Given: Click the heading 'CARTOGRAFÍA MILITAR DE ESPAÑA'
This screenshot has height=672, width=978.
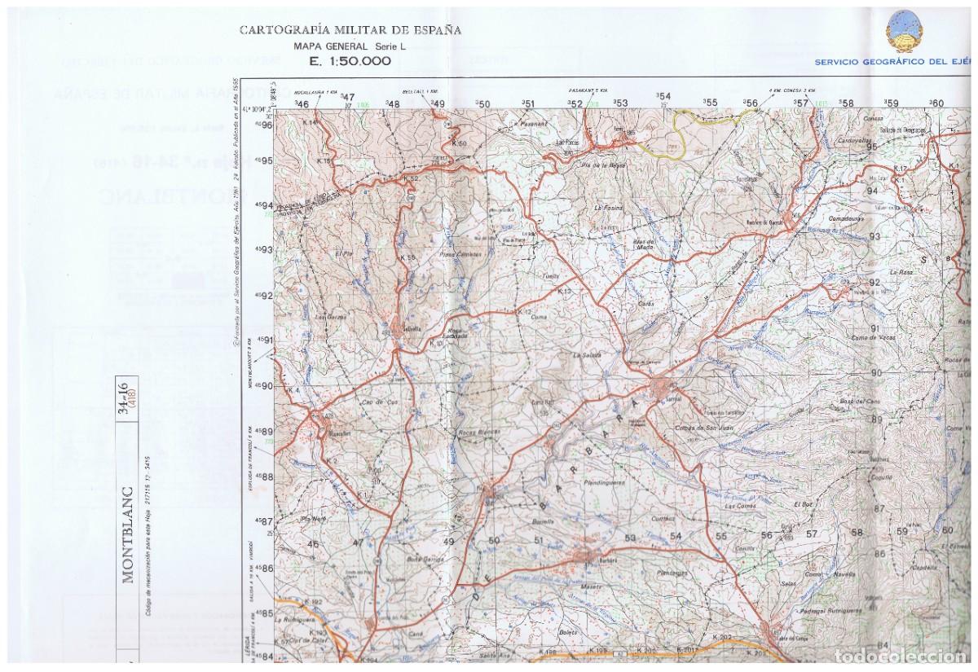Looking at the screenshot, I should pyautogui.click(x=350, y=30).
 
